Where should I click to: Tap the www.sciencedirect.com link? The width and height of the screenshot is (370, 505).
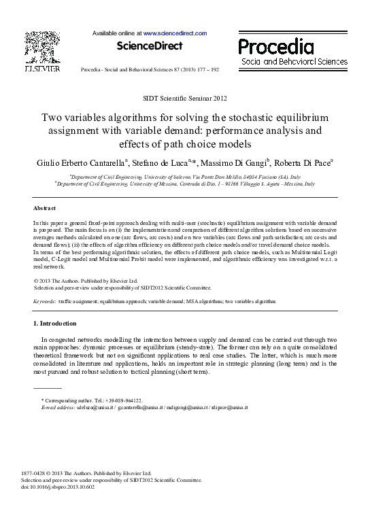175,33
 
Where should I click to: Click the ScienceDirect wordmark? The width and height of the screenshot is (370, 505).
150,46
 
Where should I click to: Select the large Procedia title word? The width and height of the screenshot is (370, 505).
275,46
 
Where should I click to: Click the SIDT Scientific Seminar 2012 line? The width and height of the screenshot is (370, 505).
185,99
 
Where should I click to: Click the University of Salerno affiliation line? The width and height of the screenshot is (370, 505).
185,176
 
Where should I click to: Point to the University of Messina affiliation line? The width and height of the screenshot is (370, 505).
185,184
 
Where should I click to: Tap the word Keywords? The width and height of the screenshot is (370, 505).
45,300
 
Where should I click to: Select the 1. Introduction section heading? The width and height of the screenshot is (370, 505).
55,323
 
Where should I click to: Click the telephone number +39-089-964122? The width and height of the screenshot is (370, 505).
120,400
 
